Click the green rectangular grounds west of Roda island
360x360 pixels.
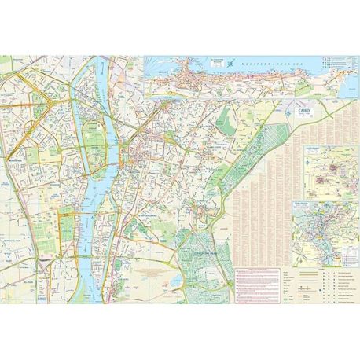67,228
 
